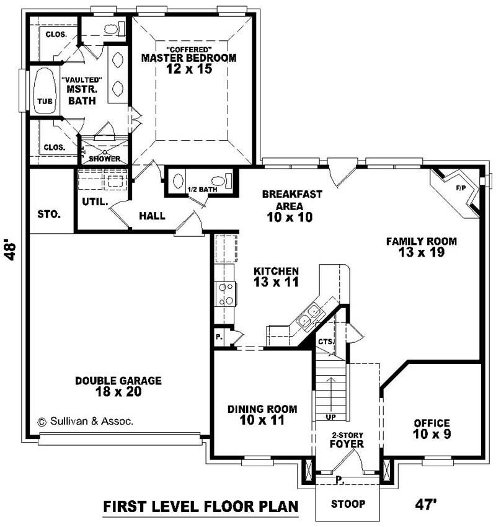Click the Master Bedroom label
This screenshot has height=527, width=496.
(x=188, y=58)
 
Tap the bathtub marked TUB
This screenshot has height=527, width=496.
(x=44, y=91)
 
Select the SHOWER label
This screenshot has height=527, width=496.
(x=104, y=159)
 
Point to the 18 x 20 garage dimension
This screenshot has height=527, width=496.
(x=118, y=392)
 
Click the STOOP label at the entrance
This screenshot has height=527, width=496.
(x=347, y=503)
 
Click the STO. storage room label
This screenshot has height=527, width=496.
(x=49, y=215)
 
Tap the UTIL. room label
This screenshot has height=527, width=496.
(x=95, y=202)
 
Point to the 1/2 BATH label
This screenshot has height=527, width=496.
(x=202, y=189)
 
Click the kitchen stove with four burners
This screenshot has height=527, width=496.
(x=224, y=294)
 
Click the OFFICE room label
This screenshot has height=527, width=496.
(x=432, y=423)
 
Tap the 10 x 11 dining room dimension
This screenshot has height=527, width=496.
(x=261, y=420)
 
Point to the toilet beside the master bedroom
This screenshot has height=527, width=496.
(x=112, y=29)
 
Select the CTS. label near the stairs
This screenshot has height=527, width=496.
(x=325, y=341)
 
